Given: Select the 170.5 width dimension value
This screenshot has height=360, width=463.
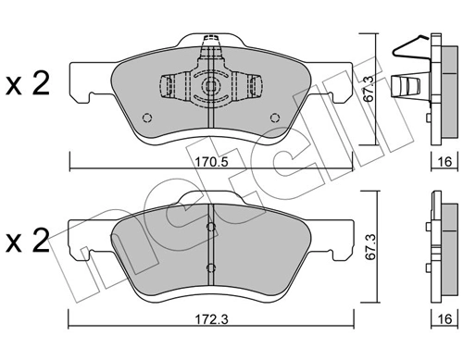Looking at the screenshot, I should tap(213, 158).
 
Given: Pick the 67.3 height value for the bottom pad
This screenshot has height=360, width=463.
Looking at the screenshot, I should tap(369, 247).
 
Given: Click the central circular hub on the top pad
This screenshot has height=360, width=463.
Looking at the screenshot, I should tap(211, 87).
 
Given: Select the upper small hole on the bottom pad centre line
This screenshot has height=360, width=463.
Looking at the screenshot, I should tap(212, 227).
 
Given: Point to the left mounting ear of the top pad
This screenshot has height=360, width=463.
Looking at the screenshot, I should tap(86, 95).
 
